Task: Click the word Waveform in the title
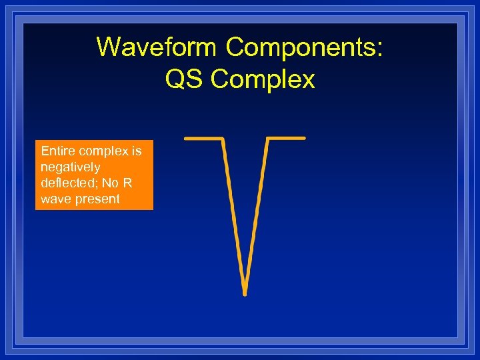157,48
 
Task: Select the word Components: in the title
304,48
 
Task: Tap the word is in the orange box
137,151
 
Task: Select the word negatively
70,167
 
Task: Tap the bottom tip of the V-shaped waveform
245,292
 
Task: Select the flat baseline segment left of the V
203,139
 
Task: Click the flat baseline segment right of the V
287,139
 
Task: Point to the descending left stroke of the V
233,213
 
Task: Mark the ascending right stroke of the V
257,213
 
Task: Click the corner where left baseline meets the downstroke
223,139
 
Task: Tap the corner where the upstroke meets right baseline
268,139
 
